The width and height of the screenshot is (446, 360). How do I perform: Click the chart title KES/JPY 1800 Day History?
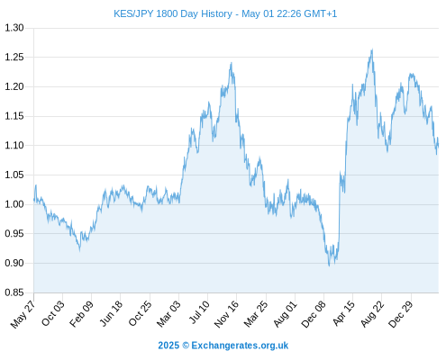coord(173,13)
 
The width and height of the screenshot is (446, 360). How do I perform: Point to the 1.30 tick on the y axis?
coord(14,28)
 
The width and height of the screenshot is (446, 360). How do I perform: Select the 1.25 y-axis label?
coord(14,57)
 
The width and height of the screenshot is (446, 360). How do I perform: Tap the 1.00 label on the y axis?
coord(14,204)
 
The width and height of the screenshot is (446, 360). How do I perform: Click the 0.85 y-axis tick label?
coord(14,292)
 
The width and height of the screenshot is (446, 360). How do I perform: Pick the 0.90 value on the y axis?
coord(14,263)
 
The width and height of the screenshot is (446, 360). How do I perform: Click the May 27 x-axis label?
coord(23,314)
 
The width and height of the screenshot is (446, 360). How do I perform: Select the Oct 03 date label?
coord(53,313)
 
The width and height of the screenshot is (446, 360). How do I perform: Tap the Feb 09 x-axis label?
coord(81,314)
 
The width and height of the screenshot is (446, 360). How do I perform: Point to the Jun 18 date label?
coord(111,313)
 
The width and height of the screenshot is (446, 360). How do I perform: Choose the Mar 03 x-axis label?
coord(168,314)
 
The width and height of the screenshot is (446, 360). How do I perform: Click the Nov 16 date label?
coord(226,314)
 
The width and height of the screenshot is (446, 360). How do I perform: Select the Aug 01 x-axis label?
coord(286,314)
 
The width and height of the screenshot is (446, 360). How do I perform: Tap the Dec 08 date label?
coord(314,314)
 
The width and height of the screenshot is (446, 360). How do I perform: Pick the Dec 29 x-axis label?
coord(401,314)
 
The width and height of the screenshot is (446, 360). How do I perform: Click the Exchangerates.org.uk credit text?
coord(240,346)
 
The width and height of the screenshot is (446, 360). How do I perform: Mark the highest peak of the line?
coord(372,49)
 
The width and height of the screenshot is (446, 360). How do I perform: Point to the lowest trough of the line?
coord(329,265)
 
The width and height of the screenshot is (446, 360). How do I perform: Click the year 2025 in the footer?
coord(168,346)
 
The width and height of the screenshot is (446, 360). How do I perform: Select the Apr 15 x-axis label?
coord(343,313)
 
